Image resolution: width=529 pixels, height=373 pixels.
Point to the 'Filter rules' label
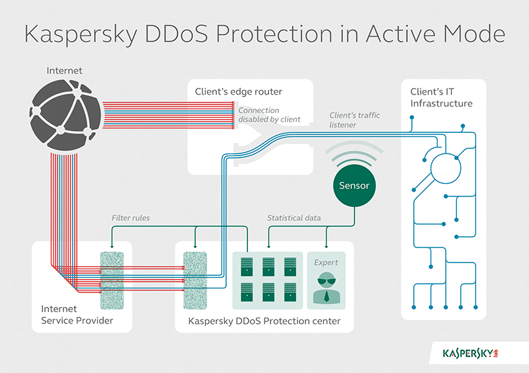131,218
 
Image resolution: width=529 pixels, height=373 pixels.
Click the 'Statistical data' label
296,218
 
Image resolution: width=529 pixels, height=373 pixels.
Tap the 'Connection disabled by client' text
269,114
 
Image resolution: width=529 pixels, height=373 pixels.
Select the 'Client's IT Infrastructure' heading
441,98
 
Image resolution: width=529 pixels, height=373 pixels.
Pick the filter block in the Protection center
194,280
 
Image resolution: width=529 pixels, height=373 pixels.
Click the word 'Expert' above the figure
327,262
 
